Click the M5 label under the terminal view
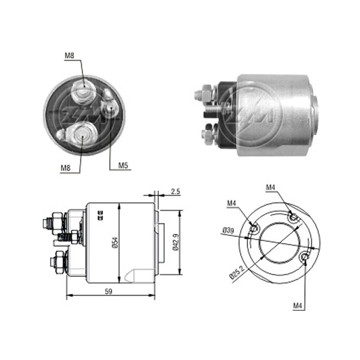click(123, 165)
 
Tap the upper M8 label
click(69, 55)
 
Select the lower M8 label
click(66, 168)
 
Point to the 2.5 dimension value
click(175, 191)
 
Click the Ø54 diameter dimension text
click(115, 243)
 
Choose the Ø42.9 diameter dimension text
click(176, 242)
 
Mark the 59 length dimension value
click(108, 292)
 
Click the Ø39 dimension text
click(228, 230)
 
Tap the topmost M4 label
click(270, 188)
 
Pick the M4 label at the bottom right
click(298, 306)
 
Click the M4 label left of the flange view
click(231, 203)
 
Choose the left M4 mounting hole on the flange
click(254, 229)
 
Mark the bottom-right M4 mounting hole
click(305, 257)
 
